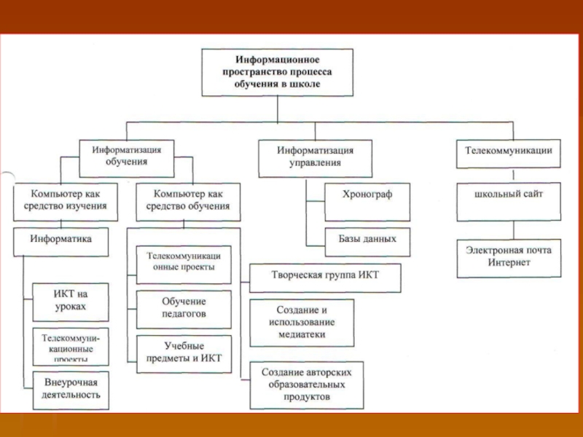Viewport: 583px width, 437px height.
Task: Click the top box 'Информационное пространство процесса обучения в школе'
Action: [x=277, y=72]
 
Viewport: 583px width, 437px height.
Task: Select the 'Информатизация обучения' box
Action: [x=126, y=155]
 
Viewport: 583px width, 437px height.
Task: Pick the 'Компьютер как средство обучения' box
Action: [x=188, y=200]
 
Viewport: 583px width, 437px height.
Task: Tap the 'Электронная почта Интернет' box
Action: [x=509, y=257]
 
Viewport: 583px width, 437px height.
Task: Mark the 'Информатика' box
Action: [x=61, y=240]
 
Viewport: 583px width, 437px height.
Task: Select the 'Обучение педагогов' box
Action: [x=184, y=307]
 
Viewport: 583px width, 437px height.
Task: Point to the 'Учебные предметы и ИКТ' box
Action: [x=184, y=353]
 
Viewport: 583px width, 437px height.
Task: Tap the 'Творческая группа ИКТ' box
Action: [x=325, y=275]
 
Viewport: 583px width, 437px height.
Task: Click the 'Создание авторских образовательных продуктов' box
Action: [x=306, y=385]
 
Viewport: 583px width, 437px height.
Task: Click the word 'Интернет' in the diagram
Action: [x=510, y=264]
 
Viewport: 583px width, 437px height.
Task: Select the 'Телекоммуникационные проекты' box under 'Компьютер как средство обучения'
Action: [x=184, y=263]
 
